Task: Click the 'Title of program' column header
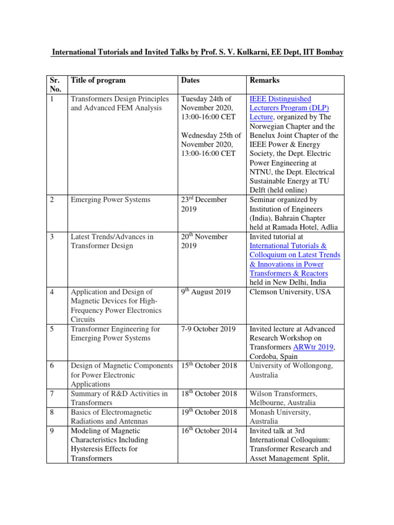pyautogui.click(x=97, y=80)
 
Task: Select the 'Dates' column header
pyautogui.click(x=190, y=80)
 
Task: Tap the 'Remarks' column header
pyautogui.click(x=264, y=80)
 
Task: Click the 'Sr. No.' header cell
pyautogui.click(x=55, y=85)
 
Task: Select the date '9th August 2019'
pyautogui.click(x=206, y=292)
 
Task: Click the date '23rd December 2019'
pyautogui.click(x=204, y=205)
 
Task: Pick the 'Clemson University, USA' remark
pyautogui.click(x=290, y=292)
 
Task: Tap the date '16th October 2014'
pyautogui.click(x=209, y=431)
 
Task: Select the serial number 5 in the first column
pyautogui.click(x=52, y=329)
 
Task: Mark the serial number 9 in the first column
pyautogui.click(x=52, y=431)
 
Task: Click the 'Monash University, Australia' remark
pyautogui.click(x=280, y=417)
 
